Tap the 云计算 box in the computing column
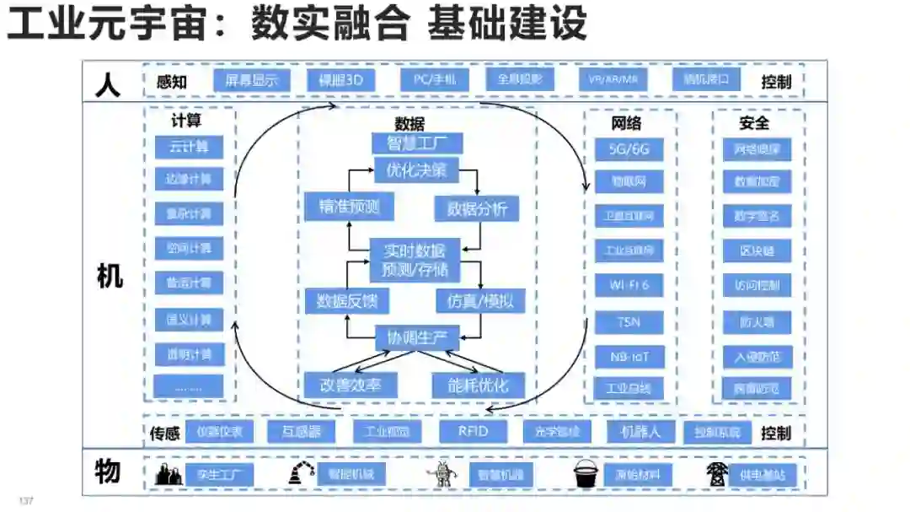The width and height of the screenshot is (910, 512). coord(189,146)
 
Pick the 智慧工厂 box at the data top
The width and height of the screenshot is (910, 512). coord(417,142)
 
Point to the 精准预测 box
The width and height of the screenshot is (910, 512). coord(348,207)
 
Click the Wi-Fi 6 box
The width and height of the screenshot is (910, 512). coord(629,285)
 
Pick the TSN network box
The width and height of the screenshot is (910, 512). coord(629,321)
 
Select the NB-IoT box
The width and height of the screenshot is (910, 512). coord(629,356)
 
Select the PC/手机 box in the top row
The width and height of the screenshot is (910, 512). coord(434,80)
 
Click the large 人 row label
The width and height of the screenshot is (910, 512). coord(109,84)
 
